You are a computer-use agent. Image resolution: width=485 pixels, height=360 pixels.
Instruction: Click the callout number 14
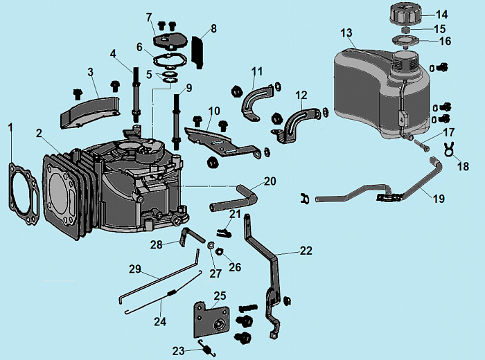click(441, 14)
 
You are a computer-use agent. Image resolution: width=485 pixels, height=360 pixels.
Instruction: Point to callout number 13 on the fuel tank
click(347, 33)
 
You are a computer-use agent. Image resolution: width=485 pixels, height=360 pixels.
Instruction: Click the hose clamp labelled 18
click(450, 147)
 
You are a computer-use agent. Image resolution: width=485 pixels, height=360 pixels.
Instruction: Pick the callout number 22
click(306, 251)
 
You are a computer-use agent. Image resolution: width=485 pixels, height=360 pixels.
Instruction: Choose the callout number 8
click(213, 28)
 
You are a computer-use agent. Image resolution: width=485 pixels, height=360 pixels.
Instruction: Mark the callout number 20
click(270, 181)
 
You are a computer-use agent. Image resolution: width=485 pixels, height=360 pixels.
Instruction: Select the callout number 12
click(301, 95)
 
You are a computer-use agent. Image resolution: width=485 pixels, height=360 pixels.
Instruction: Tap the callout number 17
click(449, 132)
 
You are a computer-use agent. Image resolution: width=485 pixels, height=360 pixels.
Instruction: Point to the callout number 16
click(445, 42)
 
